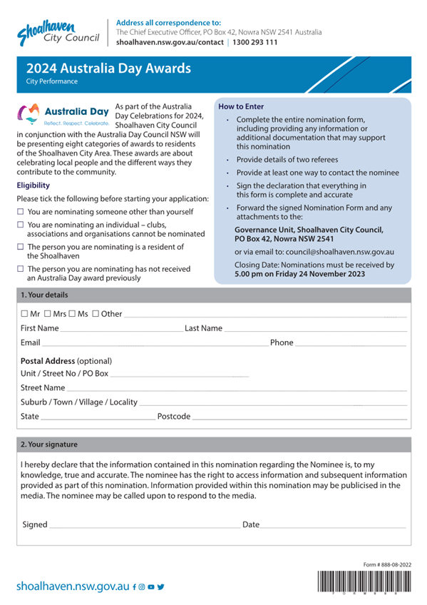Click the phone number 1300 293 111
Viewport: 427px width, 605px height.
coord(253,42)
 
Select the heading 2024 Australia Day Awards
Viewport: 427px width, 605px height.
coord(108,69)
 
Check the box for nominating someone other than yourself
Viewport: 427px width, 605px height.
coord(21,212)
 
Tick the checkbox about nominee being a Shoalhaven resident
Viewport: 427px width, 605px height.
coord(21,247)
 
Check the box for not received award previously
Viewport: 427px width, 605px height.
coord(21,269)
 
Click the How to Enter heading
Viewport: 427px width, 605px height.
coord(240,106)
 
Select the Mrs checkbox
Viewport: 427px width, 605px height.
coord(48,314)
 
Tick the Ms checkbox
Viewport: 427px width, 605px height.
coord(72,314)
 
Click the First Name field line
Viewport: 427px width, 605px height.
coord(121,330)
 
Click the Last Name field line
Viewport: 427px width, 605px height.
coord(315,330)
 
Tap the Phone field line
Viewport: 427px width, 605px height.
coord(351,344)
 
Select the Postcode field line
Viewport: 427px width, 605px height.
coord(299,417)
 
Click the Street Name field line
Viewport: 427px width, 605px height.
coord(235,389)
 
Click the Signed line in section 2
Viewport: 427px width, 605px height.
coord(143,526)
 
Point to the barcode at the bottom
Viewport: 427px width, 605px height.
coord(364,582)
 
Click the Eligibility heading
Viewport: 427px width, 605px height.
coord(33,185)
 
